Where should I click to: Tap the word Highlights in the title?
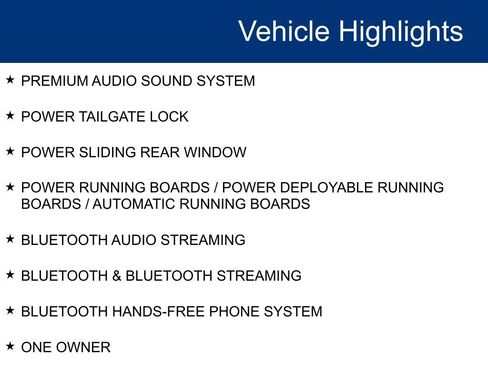coord(401,32)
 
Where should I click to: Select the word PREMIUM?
coord(50,81)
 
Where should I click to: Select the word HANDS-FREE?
coord(155,312)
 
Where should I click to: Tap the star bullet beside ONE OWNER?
coord(10,346)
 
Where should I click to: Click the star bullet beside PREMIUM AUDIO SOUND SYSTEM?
coord(10,79)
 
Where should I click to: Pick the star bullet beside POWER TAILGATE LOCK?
coord(10,115)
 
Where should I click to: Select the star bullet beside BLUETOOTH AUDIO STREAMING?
coord(10,238)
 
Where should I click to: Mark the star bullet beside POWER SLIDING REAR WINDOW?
coord(10,151)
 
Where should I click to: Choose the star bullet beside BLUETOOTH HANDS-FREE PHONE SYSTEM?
coord(10,310)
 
